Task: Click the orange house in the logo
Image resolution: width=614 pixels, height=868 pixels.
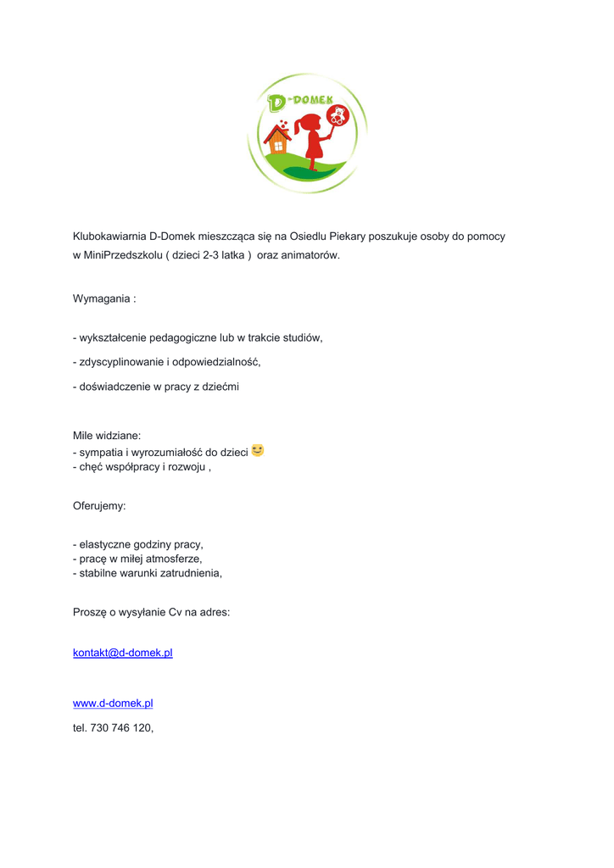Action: pos(276,141)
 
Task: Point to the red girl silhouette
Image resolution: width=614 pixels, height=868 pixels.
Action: pos(313,141)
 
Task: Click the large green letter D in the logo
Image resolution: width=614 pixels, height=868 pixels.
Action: pos(276,103)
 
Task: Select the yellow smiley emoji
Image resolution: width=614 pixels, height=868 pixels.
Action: pos(258,450)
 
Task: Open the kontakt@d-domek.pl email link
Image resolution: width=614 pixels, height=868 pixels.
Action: pos(123,653)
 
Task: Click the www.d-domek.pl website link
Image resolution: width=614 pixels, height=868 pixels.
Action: pos(113,704)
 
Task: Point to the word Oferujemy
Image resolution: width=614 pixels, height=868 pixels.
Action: pos(99,506)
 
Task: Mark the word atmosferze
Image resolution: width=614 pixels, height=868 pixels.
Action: pos(176,559)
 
